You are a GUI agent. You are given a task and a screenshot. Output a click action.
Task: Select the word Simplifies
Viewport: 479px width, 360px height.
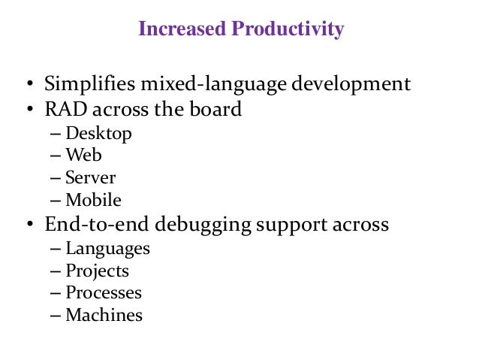pyautogui.click(x=86, y=84)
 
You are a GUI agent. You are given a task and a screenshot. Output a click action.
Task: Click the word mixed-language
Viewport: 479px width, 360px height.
pyautogui.click(x=194, y=84)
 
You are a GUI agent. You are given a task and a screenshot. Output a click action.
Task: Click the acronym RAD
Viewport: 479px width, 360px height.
pyautogui.click(x=66, y=110)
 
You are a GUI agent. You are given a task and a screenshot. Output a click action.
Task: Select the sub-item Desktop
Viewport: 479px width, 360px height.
pyautogui.click(x=98, y=134)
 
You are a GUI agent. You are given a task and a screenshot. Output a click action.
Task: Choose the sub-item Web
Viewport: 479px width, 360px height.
pyautogui.click(x=83, y=156)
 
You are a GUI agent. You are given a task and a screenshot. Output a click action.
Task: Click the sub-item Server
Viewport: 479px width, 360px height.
pyautogui.click(x=90, y=178)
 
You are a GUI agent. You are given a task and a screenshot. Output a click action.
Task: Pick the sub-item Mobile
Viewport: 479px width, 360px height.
pyautogui.click(x=93, y=201)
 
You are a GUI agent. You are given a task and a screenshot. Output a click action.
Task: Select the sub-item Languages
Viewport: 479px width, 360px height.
pyautogui.click(x=107, y=249)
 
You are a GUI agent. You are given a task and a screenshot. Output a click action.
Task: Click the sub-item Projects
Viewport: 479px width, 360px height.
pyautogui.click(x=97, y=271)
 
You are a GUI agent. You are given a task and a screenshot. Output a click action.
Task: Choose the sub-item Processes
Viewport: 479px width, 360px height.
pyautogui.click(x=104, y=293)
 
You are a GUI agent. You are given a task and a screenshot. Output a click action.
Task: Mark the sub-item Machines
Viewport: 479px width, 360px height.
pyautogui.click(x=104, y=315)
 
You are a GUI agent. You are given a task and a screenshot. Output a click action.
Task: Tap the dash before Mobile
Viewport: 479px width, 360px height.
pyautogui.click(x=56, y=201)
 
